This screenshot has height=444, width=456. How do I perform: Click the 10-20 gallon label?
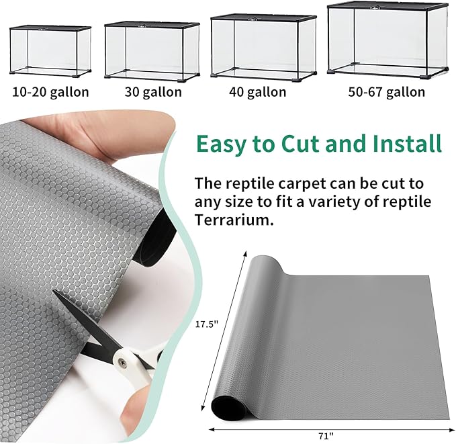click(x=50, y=92)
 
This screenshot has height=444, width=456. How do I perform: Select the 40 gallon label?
click(x=258, y=92)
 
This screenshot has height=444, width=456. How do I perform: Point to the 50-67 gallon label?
click(x=386, y=92)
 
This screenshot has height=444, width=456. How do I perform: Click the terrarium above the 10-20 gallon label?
click(x=50, y=51)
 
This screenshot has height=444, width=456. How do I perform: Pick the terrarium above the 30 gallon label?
click(x=152, y=50)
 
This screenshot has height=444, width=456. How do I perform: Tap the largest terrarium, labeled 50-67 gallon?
click(x=387, y=41)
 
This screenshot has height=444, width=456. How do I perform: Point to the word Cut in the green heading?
click(x=304, y=144)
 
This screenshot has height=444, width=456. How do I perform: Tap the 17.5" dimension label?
click(x=208, y=324)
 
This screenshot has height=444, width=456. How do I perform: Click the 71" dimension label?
click(x=324, y=435)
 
